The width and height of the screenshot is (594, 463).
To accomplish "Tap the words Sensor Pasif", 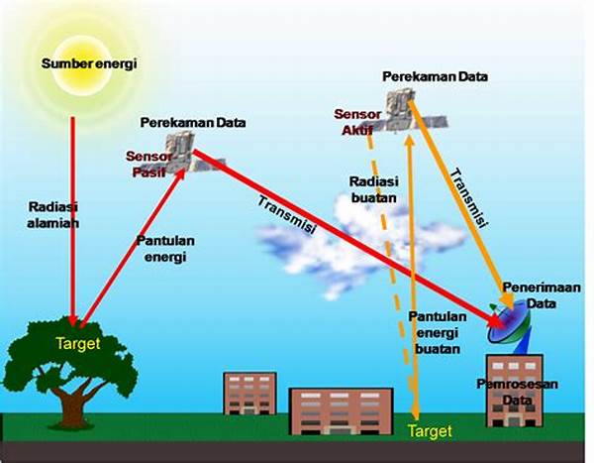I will coord(146,164).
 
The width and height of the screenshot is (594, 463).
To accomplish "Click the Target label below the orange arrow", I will coord(430,431).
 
